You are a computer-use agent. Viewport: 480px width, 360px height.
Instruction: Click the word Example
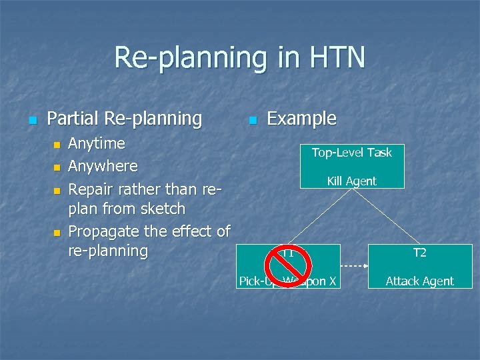(x=301, y=119)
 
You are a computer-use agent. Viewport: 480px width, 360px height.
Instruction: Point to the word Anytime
(x=97, y=143)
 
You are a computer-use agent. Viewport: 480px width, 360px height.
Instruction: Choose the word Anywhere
(x=103, y=165)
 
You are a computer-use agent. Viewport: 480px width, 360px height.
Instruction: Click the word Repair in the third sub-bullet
(x=91, y=189)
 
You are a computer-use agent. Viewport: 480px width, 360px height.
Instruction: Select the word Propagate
(x=103, y=231)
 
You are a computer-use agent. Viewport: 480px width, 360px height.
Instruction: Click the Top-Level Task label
(x=351, y=153)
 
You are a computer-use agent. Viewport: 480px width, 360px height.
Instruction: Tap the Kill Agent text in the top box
(x=351, y=181)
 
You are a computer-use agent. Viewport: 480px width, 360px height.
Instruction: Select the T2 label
(x=419, y=253)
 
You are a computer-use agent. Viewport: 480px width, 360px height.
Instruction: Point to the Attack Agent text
(x=419, y=281)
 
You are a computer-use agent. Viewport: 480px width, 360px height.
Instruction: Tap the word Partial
(x=74, y=119)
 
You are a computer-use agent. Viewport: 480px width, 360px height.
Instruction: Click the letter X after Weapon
(x=331, y=281)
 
